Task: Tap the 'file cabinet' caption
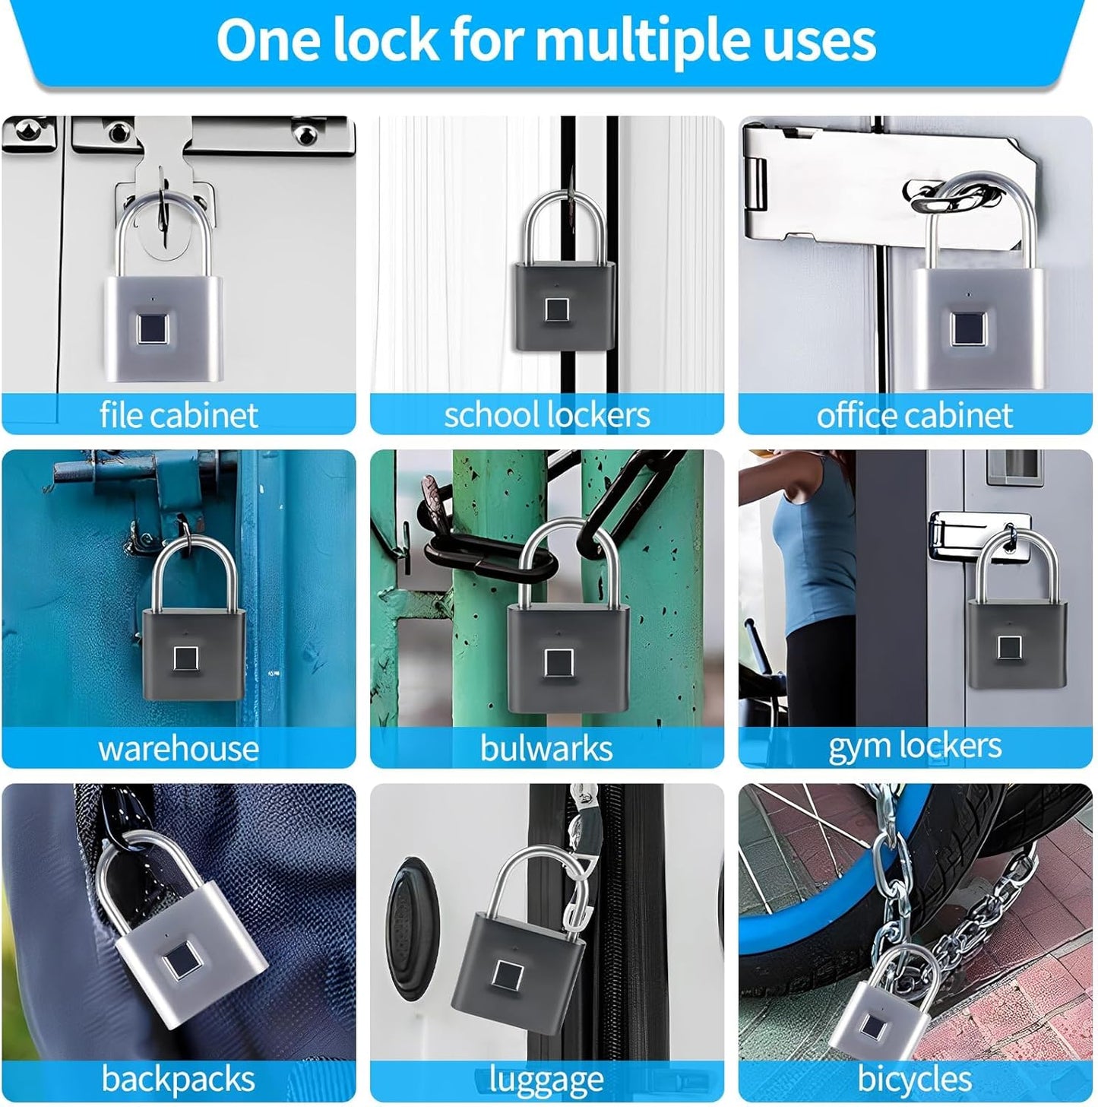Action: [x=179, y=415]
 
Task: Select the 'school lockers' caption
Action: [x=546, y=415]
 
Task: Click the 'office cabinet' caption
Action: [x=914, y=415]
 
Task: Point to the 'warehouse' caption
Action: [x=179, y=749]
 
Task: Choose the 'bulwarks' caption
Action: [x=546, y=749]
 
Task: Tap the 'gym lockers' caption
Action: [x=914, y=746]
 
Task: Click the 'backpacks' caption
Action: [x=179, y=1079]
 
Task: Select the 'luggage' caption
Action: [x=546, y=1079]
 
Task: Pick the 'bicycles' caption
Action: [x=914, y=1079]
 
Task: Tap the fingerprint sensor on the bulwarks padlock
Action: [x=558, y=663]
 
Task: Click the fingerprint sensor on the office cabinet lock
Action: [x=967, y=329]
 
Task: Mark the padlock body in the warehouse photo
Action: [x=194, y=654]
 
